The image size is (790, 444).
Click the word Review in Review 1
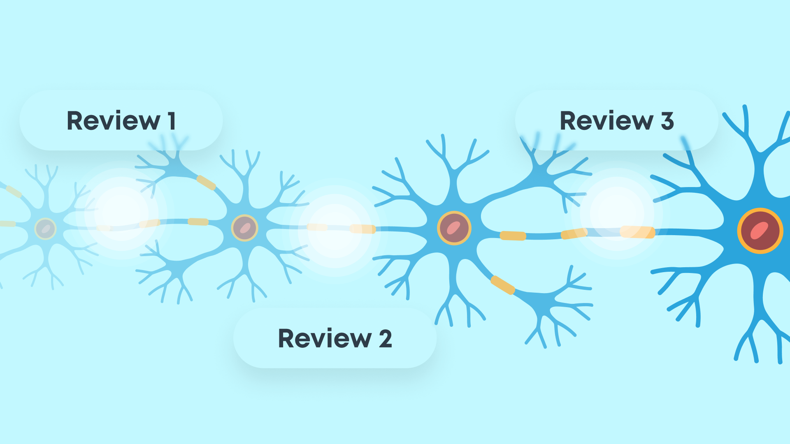[x=113, y=121]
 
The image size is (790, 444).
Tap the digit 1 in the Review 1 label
[x=172, y=121]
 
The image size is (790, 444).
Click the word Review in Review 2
[x=325, y=339]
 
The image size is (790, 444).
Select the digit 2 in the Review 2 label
[x=385, y=339]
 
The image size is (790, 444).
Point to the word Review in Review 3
[x=606, y=121]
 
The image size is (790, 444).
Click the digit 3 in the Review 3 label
[x=667, y=121]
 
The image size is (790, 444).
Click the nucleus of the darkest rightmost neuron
[x=760, y=231]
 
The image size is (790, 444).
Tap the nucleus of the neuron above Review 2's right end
[x=454, y=228]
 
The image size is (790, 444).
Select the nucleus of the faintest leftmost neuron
[x=45, y=229]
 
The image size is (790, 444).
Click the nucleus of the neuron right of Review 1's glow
[x=245, y=228]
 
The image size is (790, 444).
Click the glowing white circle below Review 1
[x=121, y=214]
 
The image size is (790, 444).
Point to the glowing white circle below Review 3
[x=617, y=214]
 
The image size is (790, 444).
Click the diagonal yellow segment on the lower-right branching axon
[x=503, y=285]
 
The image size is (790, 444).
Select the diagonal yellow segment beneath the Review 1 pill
[x=206, y=183]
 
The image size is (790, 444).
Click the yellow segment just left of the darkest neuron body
[x=637, y=232]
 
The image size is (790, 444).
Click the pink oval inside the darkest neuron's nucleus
[x=760, y=231]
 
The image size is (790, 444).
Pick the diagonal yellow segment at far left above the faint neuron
[x=14, y=192]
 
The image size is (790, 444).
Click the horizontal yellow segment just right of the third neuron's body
[x=513, y=236]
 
